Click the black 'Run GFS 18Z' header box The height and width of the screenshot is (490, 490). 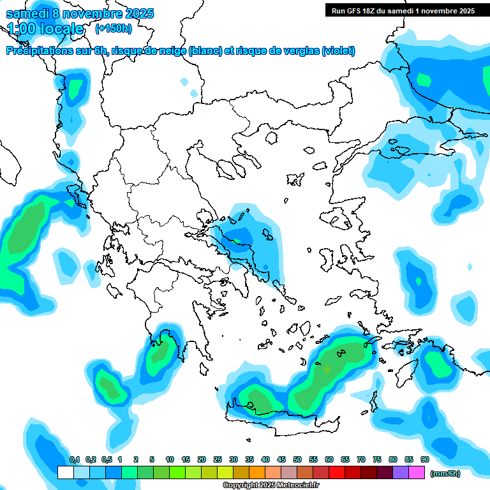[403, 10]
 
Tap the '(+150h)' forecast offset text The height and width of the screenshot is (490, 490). [114, 28]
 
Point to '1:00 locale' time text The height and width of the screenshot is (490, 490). [45, 29]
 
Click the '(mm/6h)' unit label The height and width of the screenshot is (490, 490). [445, 473]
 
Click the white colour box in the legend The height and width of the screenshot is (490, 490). [65, 473]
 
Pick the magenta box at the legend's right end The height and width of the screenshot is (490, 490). [417, 473]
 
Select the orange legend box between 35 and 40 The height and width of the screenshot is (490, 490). [257, 473]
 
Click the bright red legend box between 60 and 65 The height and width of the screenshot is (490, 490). [337, 473]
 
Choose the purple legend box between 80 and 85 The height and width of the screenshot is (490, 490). [401, 473]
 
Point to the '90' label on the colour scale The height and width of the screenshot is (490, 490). [424, 459]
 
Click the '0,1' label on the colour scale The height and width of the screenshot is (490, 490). [74, 459]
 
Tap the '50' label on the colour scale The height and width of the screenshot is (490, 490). [297, 459]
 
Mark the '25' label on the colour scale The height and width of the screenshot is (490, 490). [218, 459]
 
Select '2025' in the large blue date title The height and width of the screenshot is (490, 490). [135, 13]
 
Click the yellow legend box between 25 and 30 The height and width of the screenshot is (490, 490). [225, 473]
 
